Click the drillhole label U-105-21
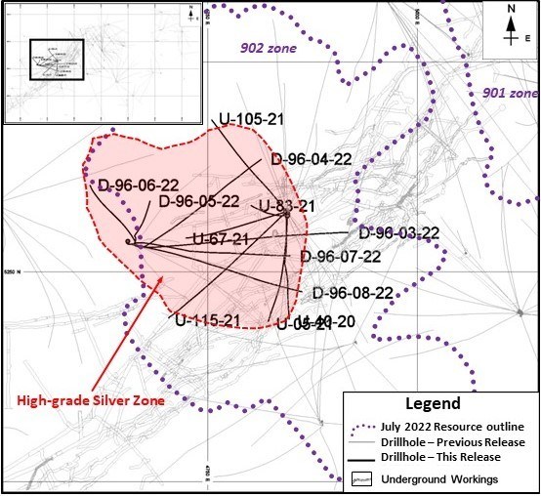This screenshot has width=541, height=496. click(251, 120)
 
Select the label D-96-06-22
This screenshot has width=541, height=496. click(138, 185)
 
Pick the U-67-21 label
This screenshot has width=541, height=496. click(221, 239)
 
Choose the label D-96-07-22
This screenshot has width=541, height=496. click(340, 257)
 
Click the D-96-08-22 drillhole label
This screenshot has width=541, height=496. click(353, 292)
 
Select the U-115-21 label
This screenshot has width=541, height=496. click(208, 319)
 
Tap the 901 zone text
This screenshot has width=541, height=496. click(510, 93)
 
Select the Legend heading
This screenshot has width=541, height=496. click(438, 403)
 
